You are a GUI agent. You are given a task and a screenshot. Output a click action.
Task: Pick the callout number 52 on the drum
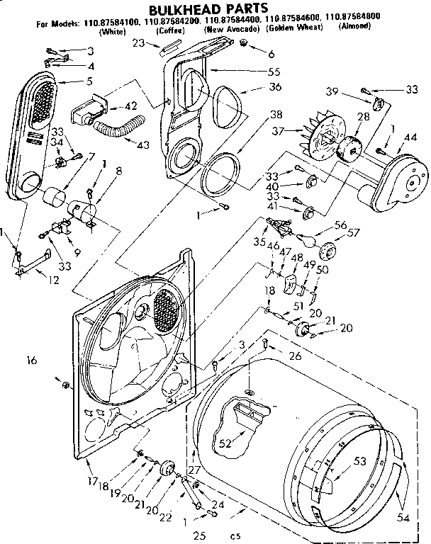click(x=225, y=444)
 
